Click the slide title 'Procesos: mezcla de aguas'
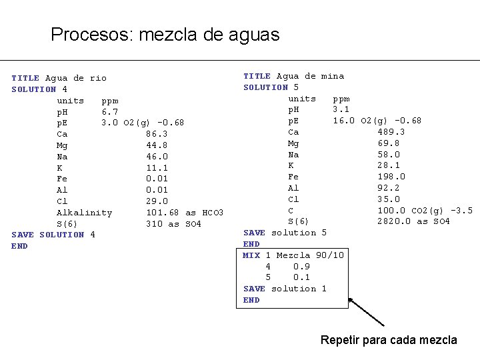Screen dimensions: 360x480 pyautogui.click(x=165, y=35)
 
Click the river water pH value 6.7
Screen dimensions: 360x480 pyautogui.click(x=109, y=112)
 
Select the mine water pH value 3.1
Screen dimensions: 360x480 pyautogui.click(x=341, y=109)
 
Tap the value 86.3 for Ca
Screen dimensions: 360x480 pyautogui.click(x=157, y=134)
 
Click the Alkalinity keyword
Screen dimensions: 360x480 pyautogui.click(x=84, y=213)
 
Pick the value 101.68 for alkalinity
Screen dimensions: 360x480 pyautogui.click(x=163, y=213)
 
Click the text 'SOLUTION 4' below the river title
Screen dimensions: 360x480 pyautogui.click(x=39, y=89)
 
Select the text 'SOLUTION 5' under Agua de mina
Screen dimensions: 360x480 pyautogui.click(x=271, y=87)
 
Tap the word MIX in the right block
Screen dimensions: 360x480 pyautogui.click(x=251, y=255)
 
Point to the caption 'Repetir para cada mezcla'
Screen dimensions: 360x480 pyautogui.click(x=389, y=340)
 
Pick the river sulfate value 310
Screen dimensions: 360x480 pyautogui.click(x=154, y=224)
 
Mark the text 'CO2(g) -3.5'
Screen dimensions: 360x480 pyautogui.click(x=446, y=211)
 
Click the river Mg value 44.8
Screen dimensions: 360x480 pyautogui.click(x=157, y=145)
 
